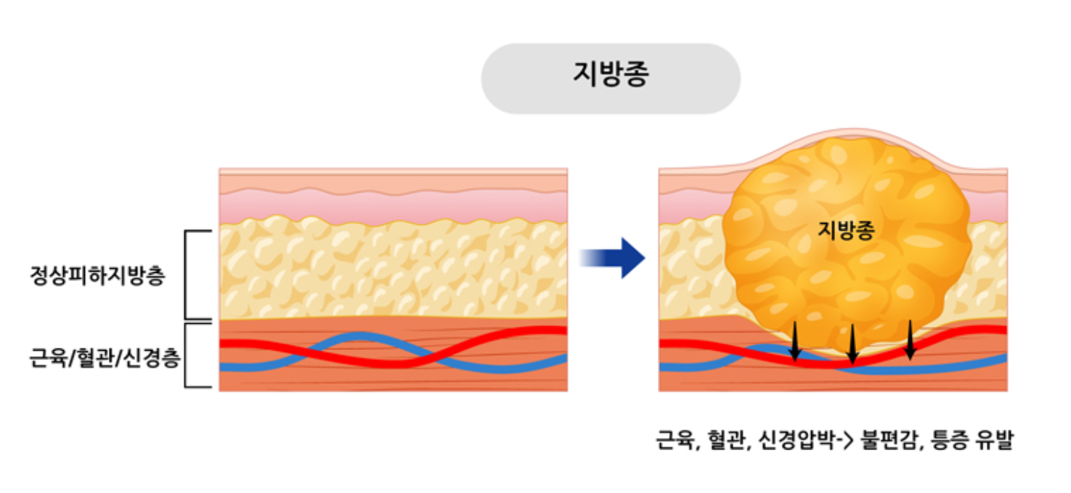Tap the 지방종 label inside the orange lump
[x=846, y=230]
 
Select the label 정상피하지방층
[x=98, y=277]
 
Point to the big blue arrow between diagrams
[x=616, y=257]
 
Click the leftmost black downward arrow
[x=795, y=341]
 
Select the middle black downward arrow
[x=852, y=344]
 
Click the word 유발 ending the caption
[x=993, y=440]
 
